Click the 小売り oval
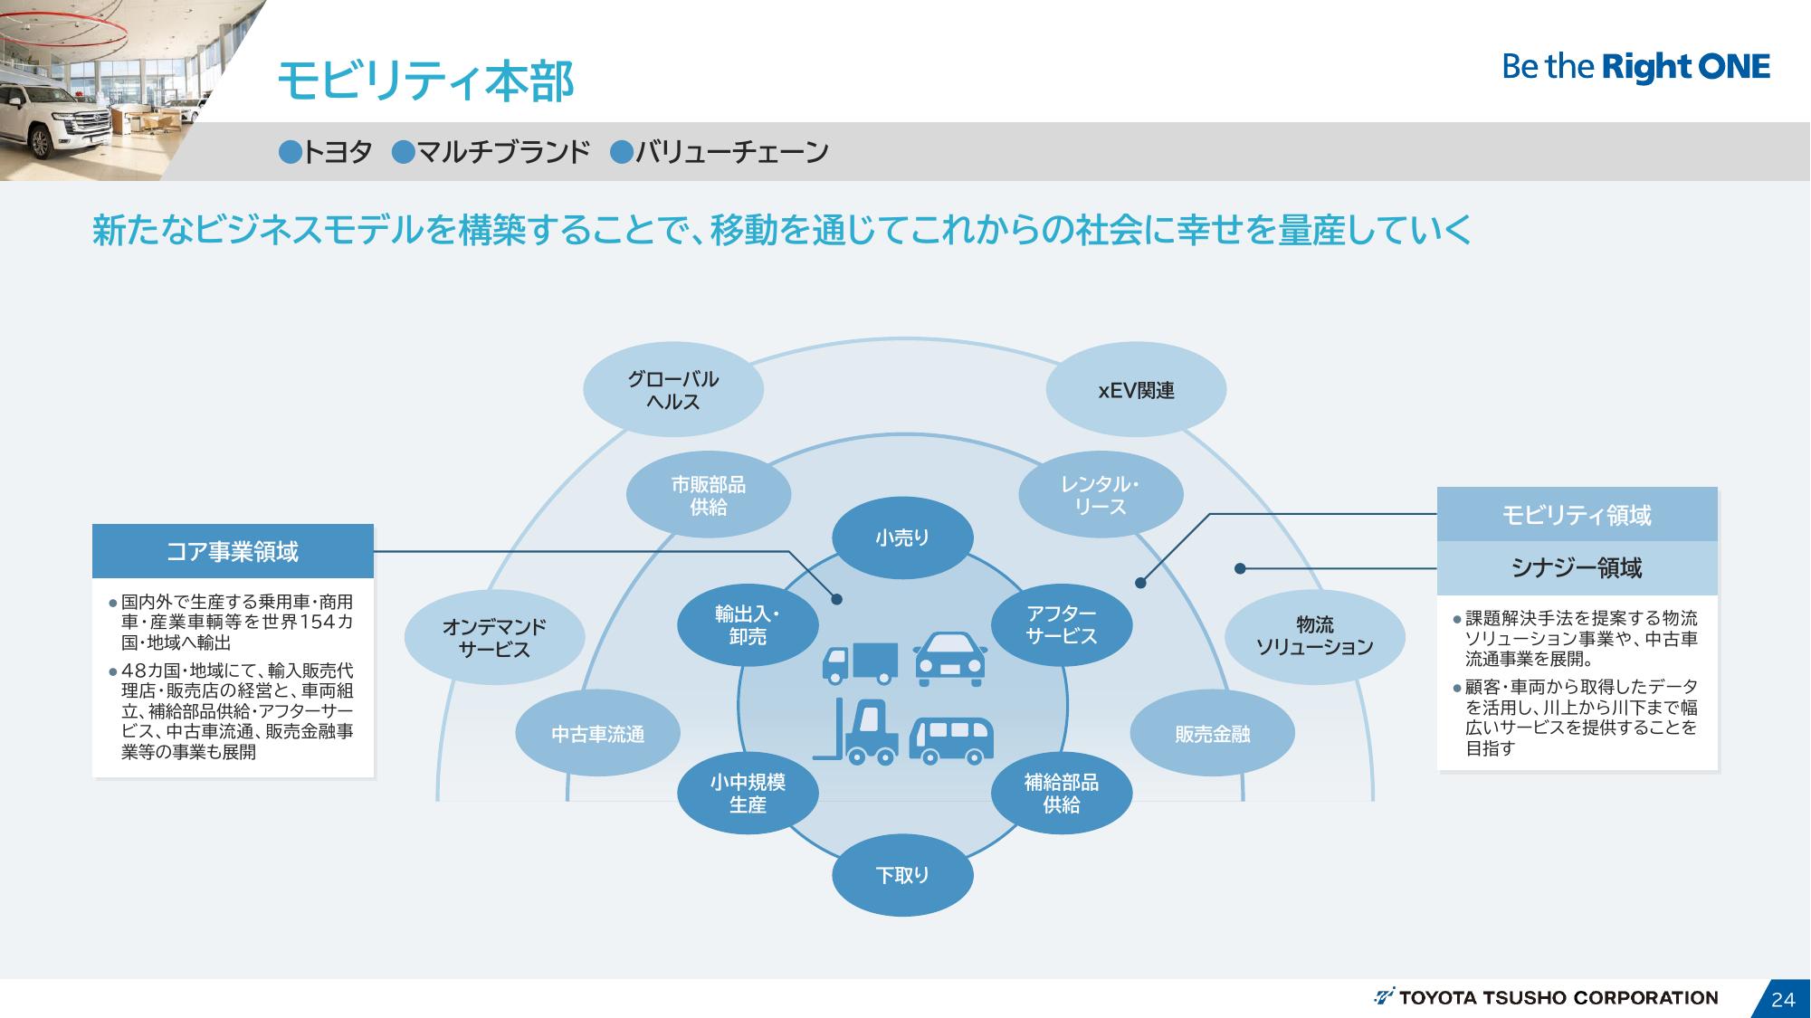tap(902, 538)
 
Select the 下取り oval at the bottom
tap(902, 875)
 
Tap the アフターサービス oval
tap(1062, 625)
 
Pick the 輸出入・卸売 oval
tap(748, 625)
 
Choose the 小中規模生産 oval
tap(748, 794)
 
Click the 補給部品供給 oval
tap(1062, 794)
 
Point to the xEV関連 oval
tap(1136, 390)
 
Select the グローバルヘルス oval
tap(672, 390)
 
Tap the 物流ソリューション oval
tap(1314, 636)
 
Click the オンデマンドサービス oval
tap(494, 637)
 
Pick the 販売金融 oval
tap(1212, 734)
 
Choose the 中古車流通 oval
tap(597, 734)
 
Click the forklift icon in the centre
tap(857, 731)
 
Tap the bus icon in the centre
tap(950, 739)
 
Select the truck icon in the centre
tap(859, 662)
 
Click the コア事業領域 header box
tap(233, 551)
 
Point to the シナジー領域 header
tap(1577, 568)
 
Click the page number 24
tap(1782, 999)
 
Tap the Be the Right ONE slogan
tap(1635, 67)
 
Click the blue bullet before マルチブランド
tap(403, 152)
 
